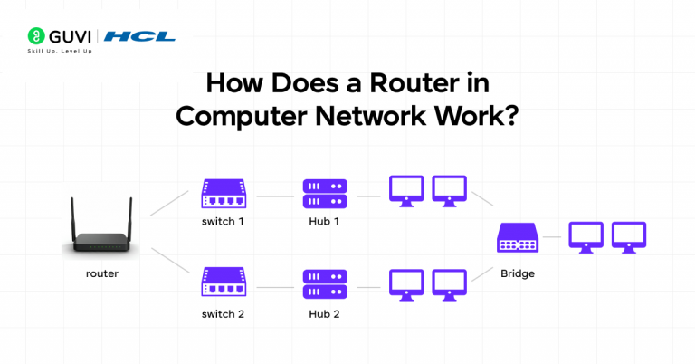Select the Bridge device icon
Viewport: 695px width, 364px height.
tap(519, 238)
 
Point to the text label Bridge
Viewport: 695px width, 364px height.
tap(519, 271)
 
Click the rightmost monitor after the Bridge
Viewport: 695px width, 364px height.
tap(629, 237)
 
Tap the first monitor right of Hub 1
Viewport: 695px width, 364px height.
tap(405, 191)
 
